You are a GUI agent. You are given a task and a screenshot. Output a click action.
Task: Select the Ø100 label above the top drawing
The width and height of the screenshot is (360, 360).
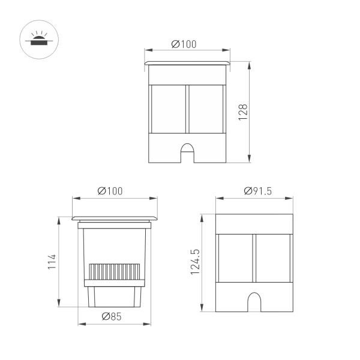pos(184,44)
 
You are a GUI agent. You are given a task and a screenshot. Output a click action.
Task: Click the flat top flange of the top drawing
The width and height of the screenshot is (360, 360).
pos(187,62)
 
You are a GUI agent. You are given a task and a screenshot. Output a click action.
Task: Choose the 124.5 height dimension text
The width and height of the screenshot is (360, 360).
pos(195,262)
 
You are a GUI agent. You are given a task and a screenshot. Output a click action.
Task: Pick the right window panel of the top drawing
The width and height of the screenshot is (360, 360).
pos(205,109)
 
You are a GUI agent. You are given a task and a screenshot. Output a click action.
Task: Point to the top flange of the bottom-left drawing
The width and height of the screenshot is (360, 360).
pos(115,218)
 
